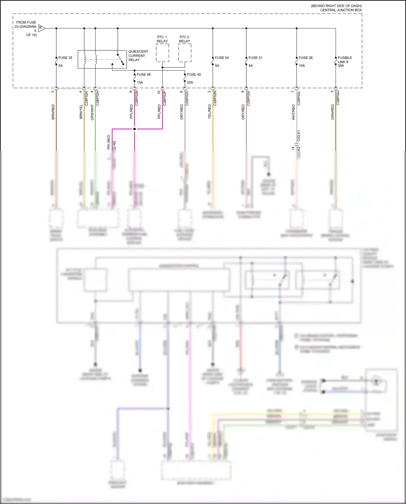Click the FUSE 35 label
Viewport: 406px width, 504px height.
coord(65,58)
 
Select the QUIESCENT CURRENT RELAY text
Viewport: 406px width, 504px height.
coord(138,56)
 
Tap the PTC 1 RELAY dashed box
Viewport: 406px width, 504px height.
coord(162,53)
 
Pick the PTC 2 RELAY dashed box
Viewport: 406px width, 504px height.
coord(185,53)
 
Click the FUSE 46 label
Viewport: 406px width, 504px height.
coord(143,74)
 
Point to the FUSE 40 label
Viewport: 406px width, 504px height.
coord(194,74)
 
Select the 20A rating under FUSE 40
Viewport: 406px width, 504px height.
coord(190,82)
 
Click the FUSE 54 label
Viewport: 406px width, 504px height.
coord(222,58)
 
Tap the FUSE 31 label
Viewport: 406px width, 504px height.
coord(255,58)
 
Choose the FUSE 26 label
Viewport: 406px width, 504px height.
coord(306,58)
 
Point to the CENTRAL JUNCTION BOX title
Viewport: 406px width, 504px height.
coord(341,10)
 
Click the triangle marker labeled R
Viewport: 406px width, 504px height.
coord(41,28)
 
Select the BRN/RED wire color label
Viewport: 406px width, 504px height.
coord(53,112)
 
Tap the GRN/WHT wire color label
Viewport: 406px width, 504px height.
coord(92,112)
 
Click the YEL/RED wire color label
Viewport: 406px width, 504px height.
coord(209,112)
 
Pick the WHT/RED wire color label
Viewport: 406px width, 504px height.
coord(293,112)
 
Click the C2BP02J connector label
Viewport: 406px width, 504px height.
coord(338,98)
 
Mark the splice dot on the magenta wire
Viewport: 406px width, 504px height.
coord(135,129)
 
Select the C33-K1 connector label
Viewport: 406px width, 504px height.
coord(299,136)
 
